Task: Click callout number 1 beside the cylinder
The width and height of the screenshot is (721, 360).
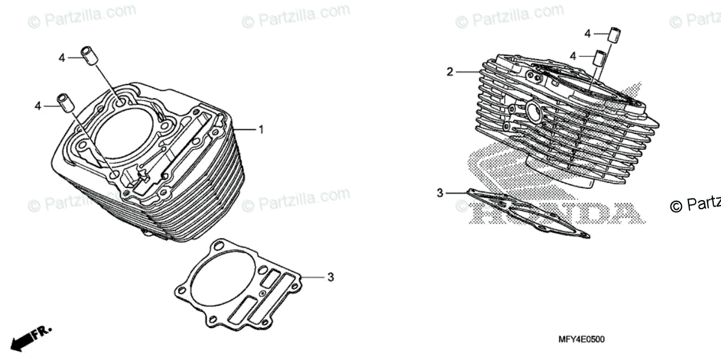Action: (x=261, y=129)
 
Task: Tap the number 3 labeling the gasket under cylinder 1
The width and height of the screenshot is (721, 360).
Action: (x=330, y=277)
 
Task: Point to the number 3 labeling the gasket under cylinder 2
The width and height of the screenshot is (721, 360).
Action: (x=440, y=193)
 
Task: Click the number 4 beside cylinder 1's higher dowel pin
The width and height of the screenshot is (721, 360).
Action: (x=62, y=58)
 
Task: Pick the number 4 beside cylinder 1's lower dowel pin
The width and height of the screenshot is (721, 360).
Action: (x=38, y=106)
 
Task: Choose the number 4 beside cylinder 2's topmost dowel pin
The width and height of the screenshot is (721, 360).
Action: (x=588, y=34)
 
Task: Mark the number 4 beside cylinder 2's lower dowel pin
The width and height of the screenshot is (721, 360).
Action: (x=573, y=56)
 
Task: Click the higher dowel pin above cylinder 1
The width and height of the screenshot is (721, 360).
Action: (x=89, y=55)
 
